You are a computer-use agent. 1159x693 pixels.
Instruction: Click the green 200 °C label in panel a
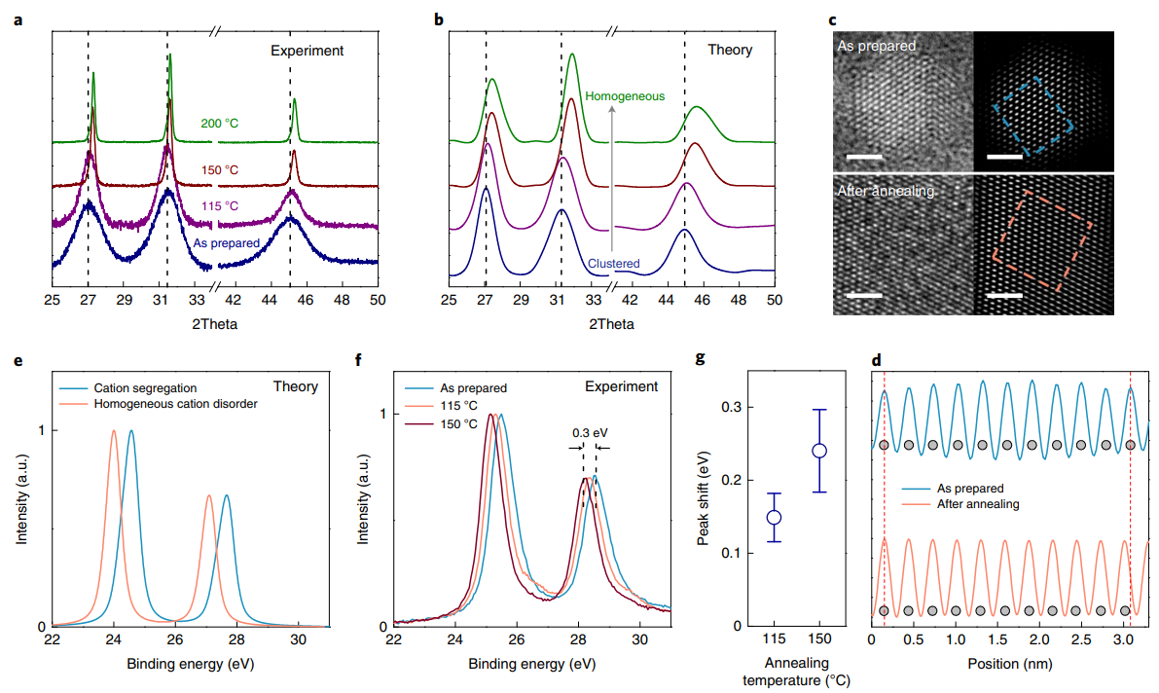[x=220, y=124]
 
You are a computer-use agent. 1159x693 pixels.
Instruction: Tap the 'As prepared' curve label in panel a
[x=226, y=242]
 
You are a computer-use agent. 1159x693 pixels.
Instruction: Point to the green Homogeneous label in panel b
[x=625, y=96]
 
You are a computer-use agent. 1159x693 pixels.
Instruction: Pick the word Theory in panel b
[x=729, y=50]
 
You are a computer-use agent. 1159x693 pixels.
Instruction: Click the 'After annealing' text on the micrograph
[x=886, y=192]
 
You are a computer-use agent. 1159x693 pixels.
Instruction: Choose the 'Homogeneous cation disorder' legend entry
[x=175, y=403]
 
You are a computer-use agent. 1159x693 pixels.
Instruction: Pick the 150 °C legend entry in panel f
[x=457, y=423]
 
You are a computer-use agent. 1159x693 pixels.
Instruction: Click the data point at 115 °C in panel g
[x=775, y=517]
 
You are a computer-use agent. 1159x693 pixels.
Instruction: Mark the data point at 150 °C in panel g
[x=819, y=451]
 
